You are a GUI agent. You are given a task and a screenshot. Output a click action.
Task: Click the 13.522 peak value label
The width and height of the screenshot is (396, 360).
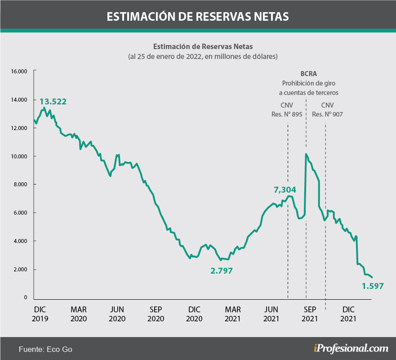tap(53, 102)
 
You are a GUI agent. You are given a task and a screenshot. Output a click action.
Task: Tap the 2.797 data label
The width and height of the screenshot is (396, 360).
tap(222, 271)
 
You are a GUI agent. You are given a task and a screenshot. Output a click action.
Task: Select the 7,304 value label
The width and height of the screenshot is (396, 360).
tap(286, 189)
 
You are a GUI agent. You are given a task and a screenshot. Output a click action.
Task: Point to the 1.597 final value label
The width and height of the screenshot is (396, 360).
tap(373, 286)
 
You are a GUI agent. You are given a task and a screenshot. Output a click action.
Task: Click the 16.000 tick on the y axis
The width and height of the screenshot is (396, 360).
tap(20, 71)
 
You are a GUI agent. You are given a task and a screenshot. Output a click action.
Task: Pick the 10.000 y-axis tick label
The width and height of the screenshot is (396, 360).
tap(20, 156)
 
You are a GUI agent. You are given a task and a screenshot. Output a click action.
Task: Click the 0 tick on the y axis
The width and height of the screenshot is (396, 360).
tap(26, 298)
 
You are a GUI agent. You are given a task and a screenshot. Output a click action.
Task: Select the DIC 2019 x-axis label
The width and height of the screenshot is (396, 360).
tap(40, 314)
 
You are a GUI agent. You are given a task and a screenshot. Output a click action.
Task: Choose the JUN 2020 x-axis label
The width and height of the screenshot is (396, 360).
tap(117, 314)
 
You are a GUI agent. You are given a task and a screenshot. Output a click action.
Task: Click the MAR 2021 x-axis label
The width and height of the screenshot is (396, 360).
tap(233, 314)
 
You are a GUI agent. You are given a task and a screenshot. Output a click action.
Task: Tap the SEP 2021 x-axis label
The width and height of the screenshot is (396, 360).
tap(310, 314)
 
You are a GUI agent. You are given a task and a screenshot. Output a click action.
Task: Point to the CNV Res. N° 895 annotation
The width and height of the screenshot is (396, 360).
tap(287, 109)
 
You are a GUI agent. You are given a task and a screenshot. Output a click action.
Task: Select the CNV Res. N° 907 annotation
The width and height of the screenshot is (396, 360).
tap(327, 109)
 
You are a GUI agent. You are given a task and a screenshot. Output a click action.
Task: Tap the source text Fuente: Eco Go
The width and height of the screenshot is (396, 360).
tap(45, 349)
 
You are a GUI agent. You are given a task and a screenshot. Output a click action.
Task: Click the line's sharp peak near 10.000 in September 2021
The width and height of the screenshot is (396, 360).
tap(306, 154)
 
